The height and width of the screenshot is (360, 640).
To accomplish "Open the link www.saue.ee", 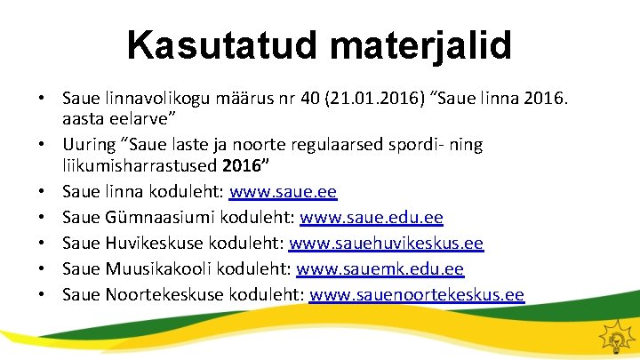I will pyautogui.click(x=284, y=192).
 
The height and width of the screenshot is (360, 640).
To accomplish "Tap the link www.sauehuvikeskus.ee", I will pyautogui.click(x=387, y=243).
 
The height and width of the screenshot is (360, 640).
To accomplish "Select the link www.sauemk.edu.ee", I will pyautogui.click(x=380, y=268).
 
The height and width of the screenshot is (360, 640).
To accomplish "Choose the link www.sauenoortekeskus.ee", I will pyautogui.click(x=417, y=294).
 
